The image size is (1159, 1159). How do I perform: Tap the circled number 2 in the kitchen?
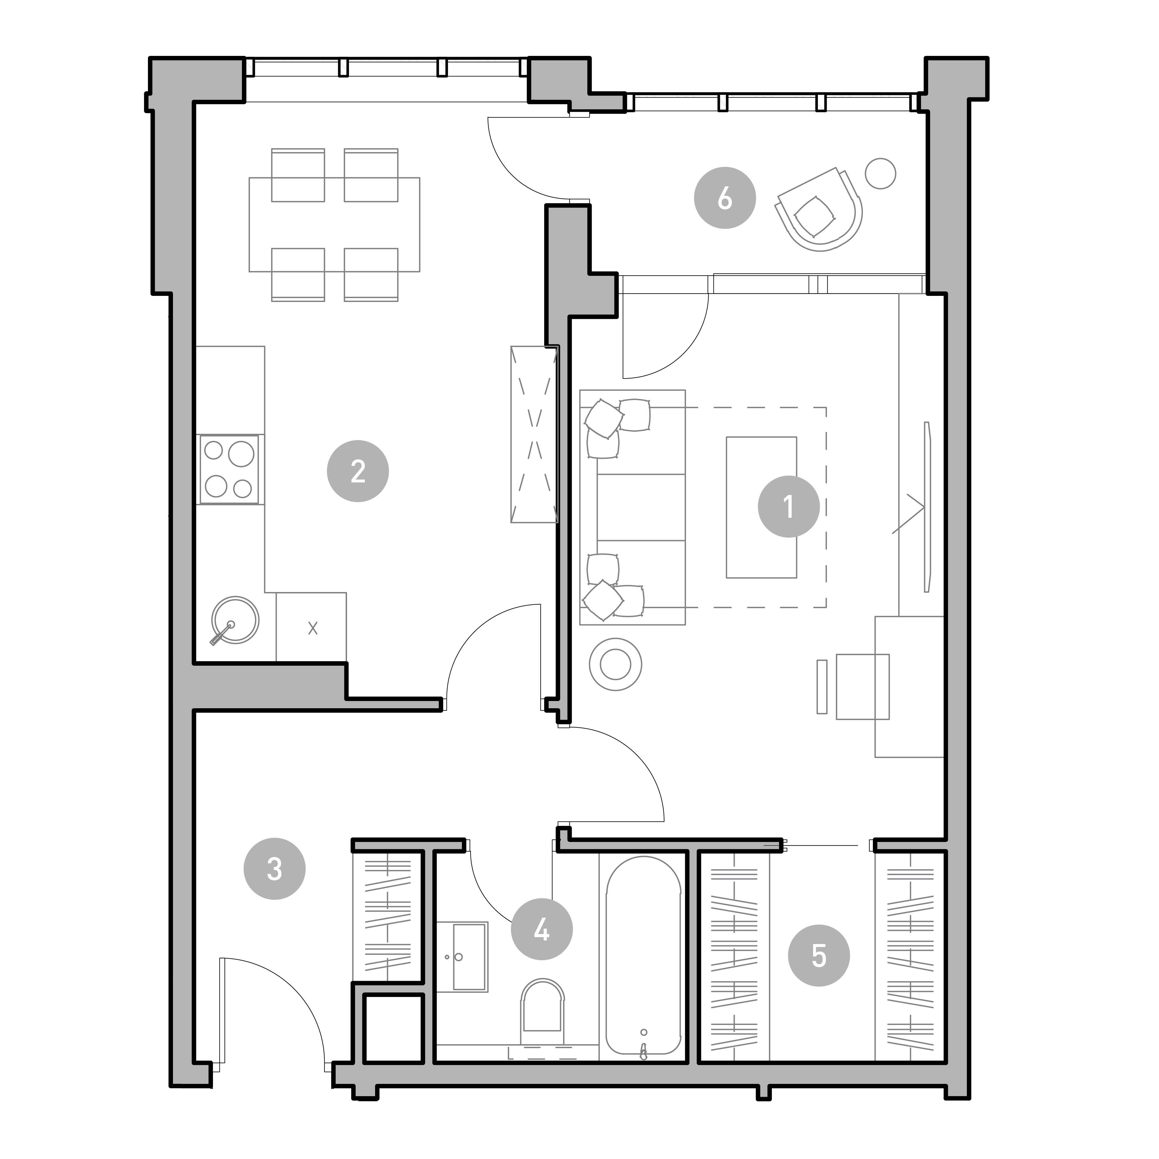pos(358,472)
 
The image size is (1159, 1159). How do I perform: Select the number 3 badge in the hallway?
pos(274,869)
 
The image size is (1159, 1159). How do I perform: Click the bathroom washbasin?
pos(462,956)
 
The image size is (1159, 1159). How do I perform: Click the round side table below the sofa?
pos(615,665)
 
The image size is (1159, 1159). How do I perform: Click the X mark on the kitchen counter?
pos(313,628)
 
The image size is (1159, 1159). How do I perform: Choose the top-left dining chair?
pos(298,175)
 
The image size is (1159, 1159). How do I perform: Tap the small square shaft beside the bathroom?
pos(393,1029)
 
